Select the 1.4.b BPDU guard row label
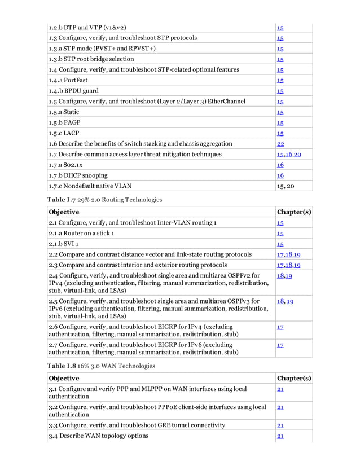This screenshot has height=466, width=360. (74, 90)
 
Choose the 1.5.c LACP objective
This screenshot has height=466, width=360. (64, 133)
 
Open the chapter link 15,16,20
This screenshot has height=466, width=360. (289, 154)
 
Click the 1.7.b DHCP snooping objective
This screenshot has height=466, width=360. (80, 175)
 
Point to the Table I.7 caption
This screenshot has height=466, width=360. (100, 199)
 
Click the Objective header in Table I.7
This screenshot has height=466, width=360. (64, 212)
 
